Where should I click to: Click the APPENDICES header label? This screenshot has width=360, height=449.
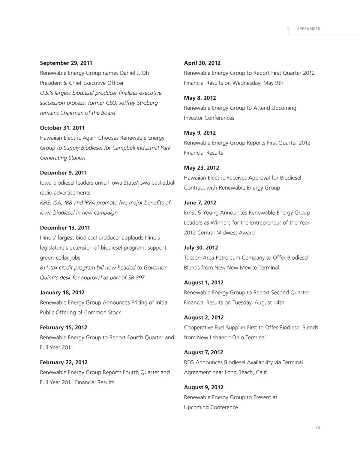[308, 29]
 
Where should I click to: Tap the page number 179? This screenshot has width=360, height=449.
[317, 428]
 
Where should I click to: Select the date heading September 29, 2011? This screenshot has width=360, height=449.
[66, 63]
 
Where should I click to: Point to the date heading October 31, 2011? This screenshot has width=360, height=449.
[62, 128]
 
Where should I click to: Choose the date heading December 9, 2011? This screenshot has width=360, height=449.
[63, 173]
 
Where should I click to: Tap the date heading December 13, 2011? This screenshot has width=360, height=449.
[65, 227]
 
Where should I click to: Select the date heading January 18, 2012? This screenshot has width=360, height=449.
[62, 293]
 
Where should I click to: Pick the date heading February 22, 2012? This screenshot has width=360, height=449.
[64, 362]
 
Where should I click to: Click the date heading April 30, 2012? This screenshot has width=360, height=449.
[202, 63]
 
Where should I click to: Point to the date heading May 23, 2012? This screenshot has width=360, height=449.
[201, 168]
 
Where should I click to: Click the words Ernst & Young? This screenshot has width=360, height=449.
[201, 213]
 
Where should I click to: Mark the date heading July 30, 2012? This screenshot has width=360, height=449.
[201, 248]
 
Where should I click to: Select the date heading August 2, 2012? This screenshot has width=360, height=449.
[204, 317]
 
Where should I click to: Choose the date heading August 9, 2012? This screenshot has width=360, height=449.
[204, 387]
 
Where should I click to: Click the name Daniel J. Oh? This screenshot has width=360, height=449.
[134, 73]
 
